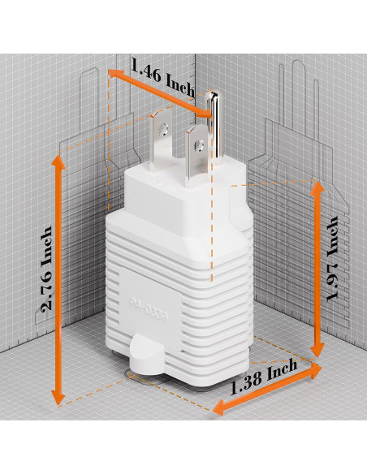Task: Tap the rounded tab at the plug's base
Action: pyautogui.click(x=144, y=358)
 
